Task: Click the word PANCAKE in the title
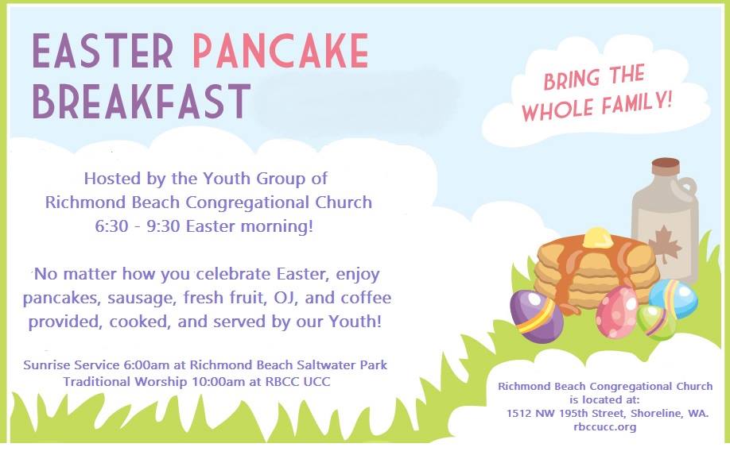coord(281,52)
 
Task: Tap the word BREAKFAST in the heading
coord(141,101)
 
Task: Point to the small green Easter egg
coord(655,322)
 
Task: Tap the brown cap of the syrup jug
coord(665,166)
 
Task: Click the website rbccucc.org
coord(604,427)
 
